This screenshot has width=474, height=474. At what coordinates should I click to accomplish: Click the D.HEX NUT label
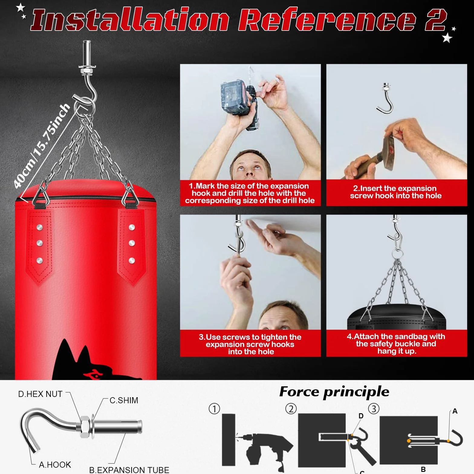click(x=40, y=394)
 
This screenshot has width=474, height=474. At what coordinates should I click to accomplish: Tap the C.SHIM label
click(x=124, y=400)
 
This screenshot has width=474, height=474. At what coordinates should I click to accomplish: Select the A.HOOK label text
click(x=55, y=465)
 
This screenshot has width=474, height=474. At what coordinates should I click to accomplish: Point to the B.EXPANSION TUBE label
click(x=129, y=470)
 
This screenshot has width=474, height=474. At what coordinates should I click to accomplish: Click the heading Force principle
click(x=334, y=392)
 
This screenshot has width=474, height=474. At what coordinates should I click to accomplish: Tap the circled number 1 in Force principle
click(x=214, y=409)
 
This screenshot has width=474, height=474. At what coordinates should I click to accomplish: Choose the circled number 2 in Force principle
click(x=291, y=409)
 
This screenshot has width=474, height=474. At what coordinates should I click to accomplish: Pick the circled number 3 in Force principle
click(x=374, y=409)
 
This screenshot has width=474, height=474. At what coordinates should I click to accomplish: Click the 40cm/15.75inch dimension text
click(x=42, y=146)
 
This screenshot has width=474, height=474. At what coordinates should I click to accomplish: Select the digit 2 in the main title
click(x=436, y=20)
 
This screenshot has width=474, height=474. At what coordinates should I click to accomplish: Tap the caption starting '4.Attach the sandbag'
click(x=396, y=344)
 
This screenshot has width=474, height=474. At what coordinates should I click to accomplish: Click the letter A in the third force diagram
click(x=455, y=411)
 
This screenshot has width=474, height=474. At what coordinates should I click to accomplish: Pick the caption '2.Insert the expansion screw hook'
click(x=396, y=192)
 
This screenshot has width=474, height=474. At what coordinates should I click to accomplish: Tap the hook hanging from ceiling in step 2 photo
click(x=385, y=98)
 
